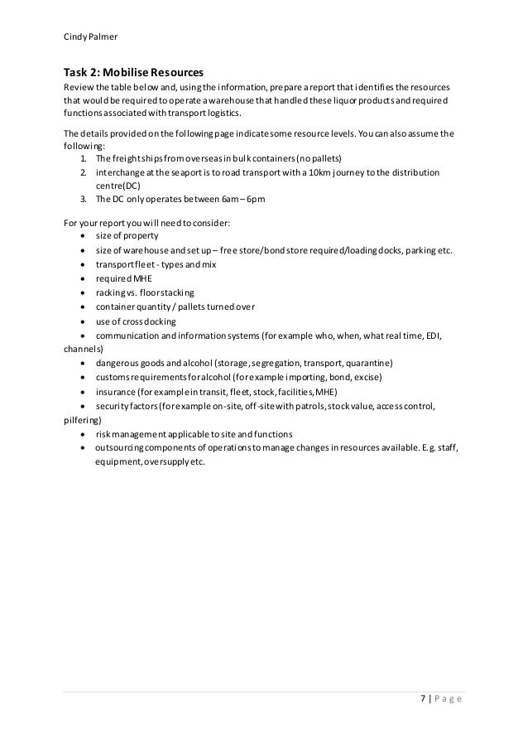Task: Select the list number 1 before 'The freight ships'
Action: coord(84,158)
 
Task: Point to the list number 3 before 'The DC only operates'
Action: coord(84,200)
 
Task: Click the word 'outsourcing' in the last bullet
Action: coord(122,447)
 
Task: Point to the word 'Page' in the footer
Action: coord(448,704)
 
